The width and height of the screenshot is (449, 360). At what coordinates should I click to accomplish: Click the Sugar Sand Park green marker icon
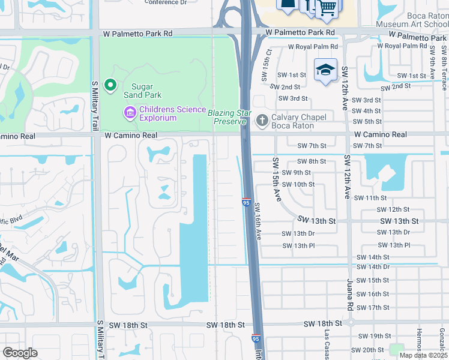pyautogui.click(x=110, y=85)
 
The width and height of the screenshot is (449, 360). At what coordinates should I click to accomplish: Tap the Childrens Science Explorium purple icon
pyautogui.click(x=129, y=112)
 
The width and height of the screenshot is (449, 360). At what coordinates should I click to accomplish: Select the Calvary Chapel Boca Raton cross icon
pyautogui.click(x=262, y=121)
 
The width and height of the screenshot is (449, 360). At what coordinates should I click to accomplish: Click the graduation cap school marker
pyautogui.click(x=325, y=70)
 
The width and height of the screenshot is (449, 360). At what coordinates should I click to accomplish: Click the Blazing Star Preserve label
pyautogui.click(x=227, y=117)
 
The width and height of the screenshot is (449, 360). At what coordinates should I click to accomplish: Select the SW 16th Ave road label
pyautogui.click(x=258, y=221)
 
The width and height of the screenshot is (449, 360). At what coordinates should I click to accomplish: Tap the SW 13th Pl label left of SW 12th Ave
pyautogui.click(x=298, y=245)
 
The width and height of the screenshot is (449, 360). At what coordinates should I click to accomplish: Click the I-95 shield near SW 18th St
pyautogui.click(x=256, y=339)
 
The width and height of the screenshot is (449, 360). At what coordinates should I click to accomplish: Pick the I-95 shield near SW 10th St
pyautogui.click(x=247, y=203)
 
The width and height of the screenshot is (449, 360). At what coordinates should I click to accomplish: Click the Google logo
pyautogui.click(x=20, y=353)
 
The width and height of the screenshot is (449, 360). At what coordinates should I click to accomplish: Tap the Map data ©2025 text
pyautogui.click(x=423, y=355)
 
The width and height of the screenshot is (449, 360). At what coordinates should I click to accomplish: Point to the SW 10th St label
pyautogui.click(x=298, y=184)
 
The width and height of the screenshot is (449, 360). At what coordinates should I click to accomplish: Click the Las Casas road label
pyautogui.click(x=328, y=346)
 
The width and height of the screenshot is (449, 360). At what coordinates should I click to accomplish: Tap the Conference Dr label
pyautogui.click(x=170, y=2)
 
